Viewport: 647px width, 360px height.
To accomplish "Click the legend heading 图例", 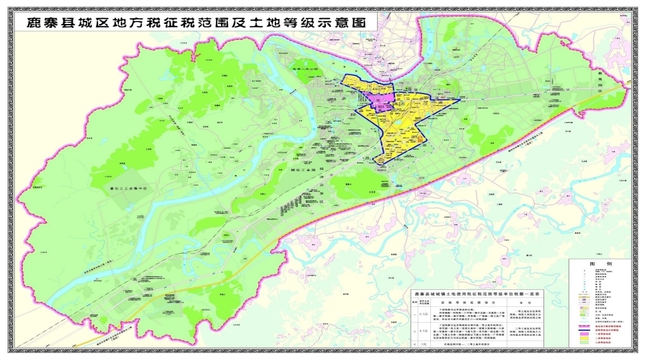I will tap(599, 263).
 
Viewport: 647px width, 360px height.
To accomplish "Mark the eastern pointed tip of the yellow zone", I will tap(459, 99).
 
